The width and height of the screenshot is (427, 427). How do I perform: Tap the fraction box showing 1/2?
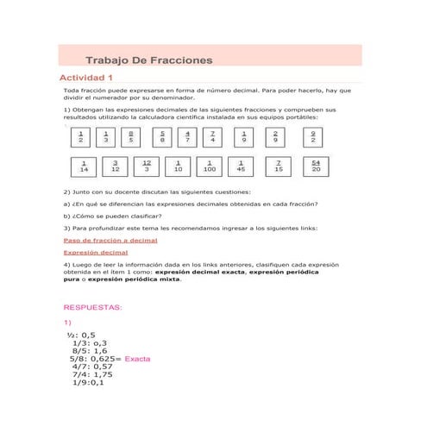pos(80,136)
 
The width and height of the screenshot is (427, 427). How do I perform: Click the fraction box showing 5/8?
pos(161,136)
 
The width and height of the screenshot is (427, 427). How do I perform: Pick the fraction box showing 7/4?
pos(212,136)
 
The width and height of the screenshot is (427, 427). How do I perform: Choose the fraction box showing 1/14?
pos(84,166)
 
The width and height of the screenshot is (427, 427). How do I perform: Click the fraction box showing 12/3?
pos(147,166)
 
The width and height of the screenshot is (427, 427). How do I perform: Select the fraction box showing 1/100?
pos(209,166)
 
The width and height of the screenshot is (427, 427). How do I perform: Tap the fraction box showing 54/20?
pos(316,166)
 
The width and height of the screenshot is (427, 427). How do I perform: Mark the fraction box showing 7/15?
pos(278,166)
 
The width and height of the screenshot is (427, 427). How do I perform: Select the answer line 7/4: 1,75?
pos(99,374)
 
